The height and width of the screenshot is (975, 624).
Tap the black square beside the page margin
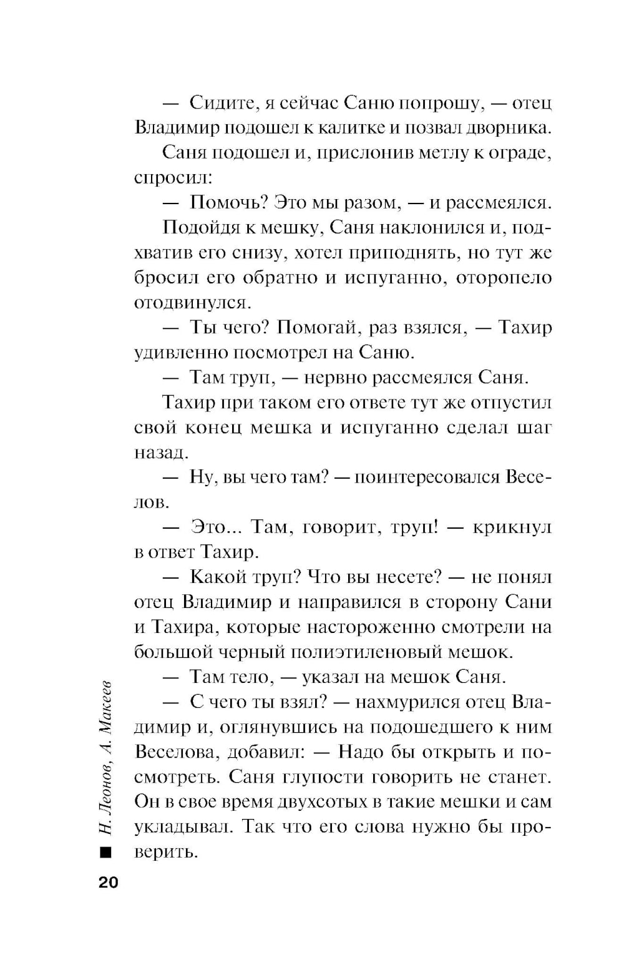(105, 852)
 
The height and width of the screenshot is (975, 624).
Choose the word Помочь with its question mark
(229, 203)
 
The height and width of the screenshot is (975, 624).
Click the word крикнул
(512, 527)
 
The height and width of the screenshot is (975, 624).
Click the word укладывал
(182, 827)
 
